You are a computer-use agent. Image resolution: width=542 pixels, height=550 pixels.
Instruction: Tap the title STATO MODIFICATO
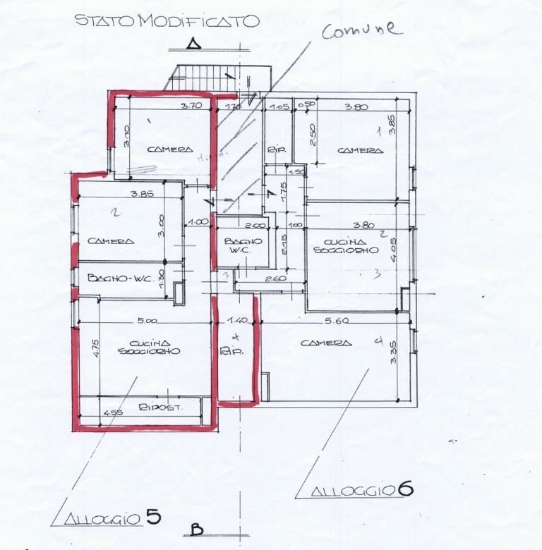167,20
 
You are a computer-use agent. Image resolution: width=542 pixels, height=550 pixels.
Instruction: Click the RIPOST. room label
156,408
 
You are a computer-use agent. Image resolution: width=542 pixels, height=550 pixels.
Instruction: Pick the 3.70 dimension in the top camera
191,106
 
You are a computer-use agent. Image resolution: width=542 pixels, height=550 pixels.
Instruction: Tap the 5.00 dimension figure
148,321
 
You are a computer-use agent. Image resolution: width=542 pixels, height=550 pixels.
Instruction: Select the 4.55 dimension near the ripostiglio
113,413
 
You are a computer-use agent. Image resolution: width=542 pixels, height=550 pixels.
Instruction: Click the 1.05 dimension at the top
280,107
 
